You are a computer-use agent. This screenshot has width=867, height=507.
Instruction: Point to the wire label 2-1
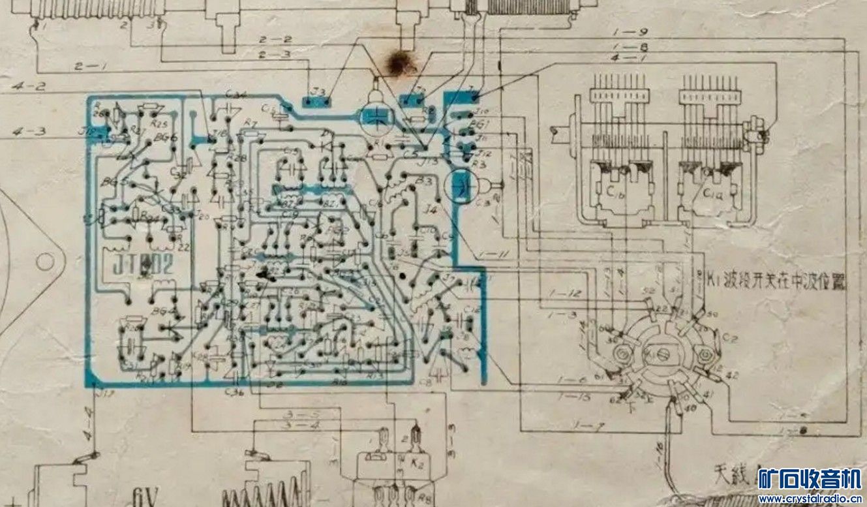point(87,65)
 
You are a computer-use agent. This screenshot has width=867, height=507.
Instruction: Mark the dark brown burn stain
point(398,63)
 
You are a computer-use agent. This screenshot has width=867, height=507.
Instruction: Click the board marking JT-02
point(143,266)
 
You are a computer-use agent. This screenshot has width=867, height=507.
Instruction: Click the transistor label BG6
point(166,138)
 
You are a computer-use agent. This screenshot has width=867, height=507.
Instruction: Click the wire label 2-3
point(274,54)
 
